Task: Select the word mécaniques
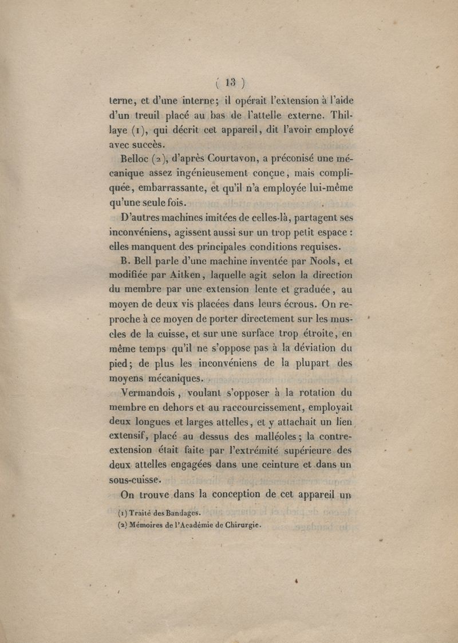(x=169, y=378)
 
